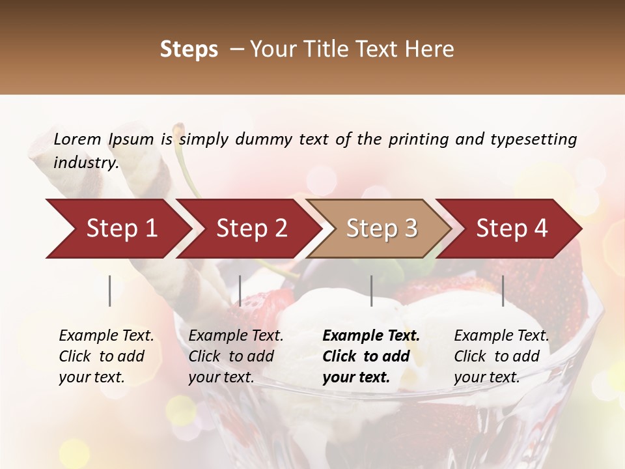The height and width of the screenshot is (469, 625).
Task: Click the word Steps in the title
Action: [189, 50]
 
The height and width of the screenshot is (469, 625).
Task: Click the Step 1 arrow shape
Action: [122, 229]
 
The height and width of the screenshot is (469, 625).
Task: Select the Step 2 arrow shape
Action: [252, 229]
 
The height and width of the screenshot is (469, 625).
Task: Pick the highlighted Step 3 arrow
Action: [382, 229]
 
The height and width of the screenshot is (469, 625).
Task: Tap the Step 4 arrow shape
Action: [512, 229]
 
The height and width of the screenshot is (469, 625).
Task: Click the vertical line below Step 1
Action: [110, 291]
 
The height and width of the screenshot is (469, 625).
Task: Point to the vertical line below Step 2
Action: [240, 291]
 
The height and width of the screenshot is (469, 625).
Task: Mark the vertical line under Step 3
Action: [372, 291]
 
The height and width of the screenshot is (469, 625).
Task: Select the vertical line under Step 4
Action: [503, 291]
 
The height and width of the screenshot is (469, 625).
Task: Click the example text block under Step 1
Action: [106, 356]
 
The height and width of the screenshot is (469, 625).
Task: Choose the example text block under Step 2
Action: [236, 356]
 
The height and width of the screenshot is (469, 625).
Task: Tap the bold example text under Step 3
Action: [371, 356]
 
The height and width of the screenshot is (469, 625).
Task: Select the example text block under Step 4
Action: [501, 356]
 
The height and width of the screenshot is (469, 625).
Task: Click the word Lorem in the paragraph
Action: [77, 139]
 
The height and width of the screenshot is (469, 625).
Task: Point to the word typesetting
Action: [533, 139]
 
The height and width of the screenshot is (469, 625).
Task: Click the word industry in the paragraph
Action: [85, 163]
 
